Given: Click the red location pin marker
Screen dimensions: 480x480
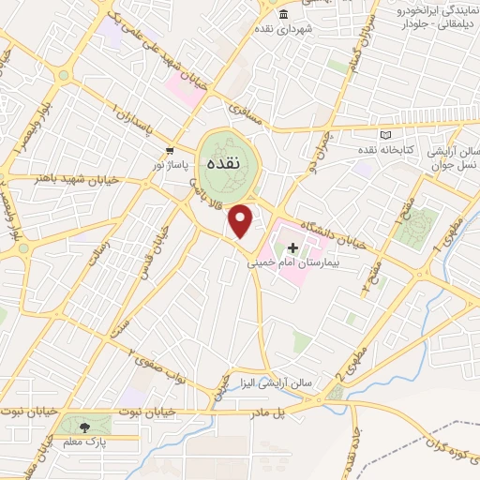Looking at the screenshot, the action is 241,221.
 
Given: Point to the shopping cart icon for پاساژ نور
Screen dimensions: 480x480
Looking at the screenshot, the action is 170,150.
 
